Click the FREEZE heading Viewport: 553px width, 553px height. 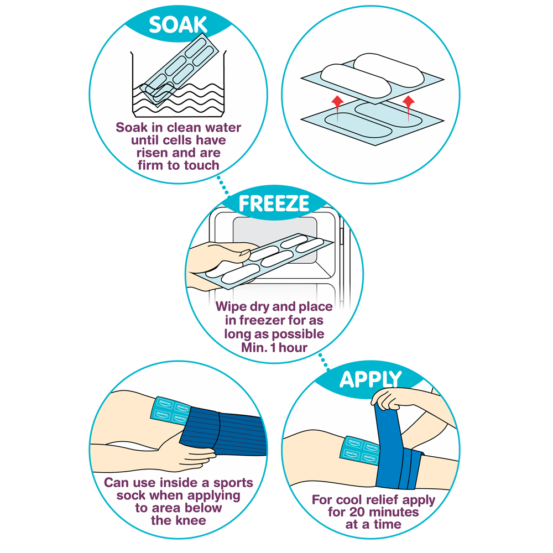273,204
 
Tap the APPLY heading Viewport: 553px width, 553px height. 370,379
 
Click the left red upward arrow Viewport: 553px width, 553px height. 334,102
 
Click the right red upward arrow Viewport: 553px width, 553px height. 409,102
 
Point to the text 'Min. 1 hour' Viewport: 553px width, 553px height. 273,347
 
